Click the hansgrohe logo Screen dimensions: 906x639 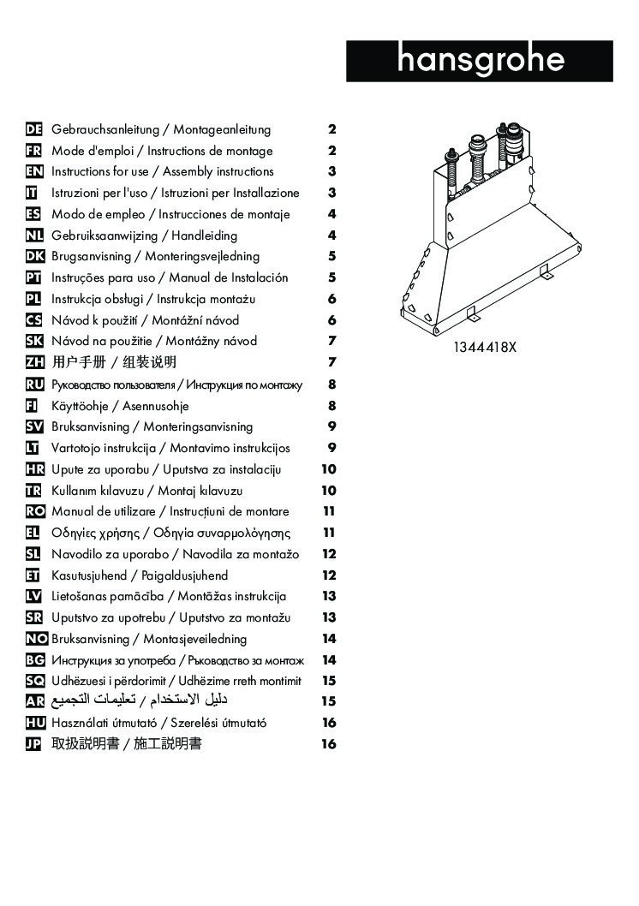[480, 61]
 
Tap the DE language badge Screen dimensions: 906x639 [34, 130]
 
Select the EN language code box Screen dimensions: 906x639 [34, 172]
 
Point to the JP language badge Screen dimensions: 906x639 [34, 744]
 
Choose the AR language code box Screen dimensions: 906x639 [34, 701]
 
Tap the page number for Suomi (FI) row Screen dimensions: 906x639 [331, 406]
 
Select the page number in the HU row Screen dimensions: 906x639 [329, 723]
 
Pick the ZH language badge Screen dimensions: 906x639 [34, 362]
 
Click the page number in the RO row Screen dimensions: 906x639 [329, 511]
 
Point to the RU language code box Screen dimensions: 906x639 [34, 384]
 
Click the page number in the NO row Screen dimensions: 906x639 [329, 639]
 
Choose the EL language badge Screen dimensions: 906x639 [34, 533]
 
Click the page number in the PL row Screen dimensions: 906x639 [331, 299]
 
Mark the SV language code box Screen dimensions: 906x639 [34, 426]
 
